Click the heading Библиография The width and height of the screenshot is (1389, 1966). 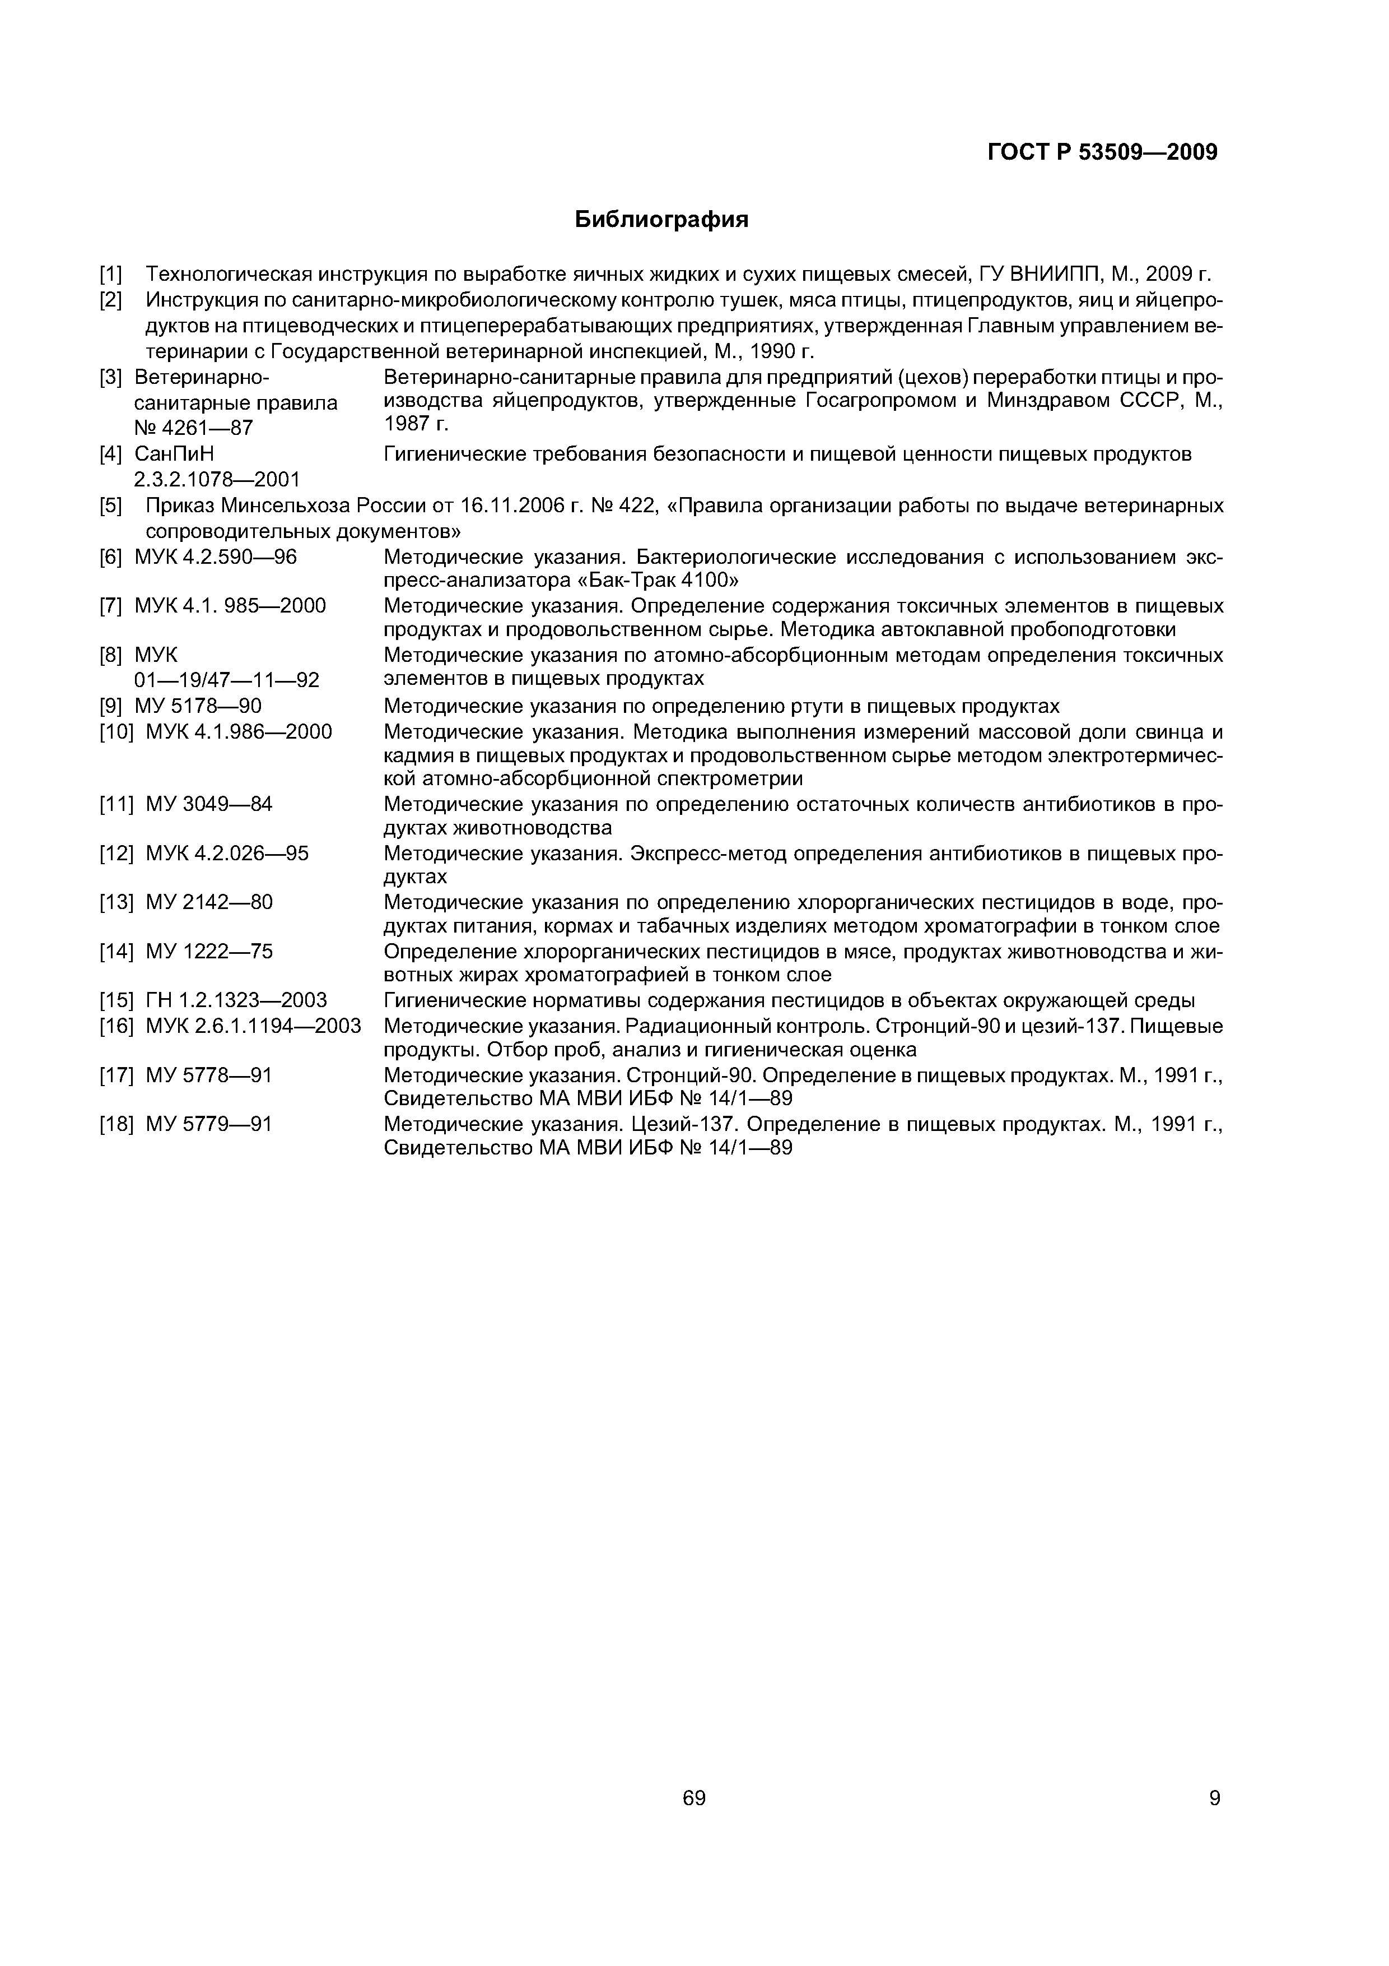click(661, 220)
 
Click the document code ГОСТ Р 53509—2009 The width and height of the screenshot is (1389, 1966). click(1102, 152)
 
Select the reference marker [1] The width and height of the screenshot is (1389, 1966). click(111, 275)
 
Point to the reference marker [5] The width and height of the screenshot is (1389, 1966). click(111, 506)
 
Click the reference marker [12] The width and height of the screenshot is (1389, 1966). click(116, 854)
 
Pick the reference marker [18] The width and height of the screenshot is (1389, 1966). click(116, 1124)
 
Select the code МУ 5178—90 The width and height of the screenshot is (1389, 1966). click(199, 706)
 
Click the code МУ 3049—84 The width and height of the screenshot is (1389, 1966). click(209, 804)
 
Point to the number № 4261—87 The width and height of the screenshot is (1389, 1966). click(193, 426)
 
